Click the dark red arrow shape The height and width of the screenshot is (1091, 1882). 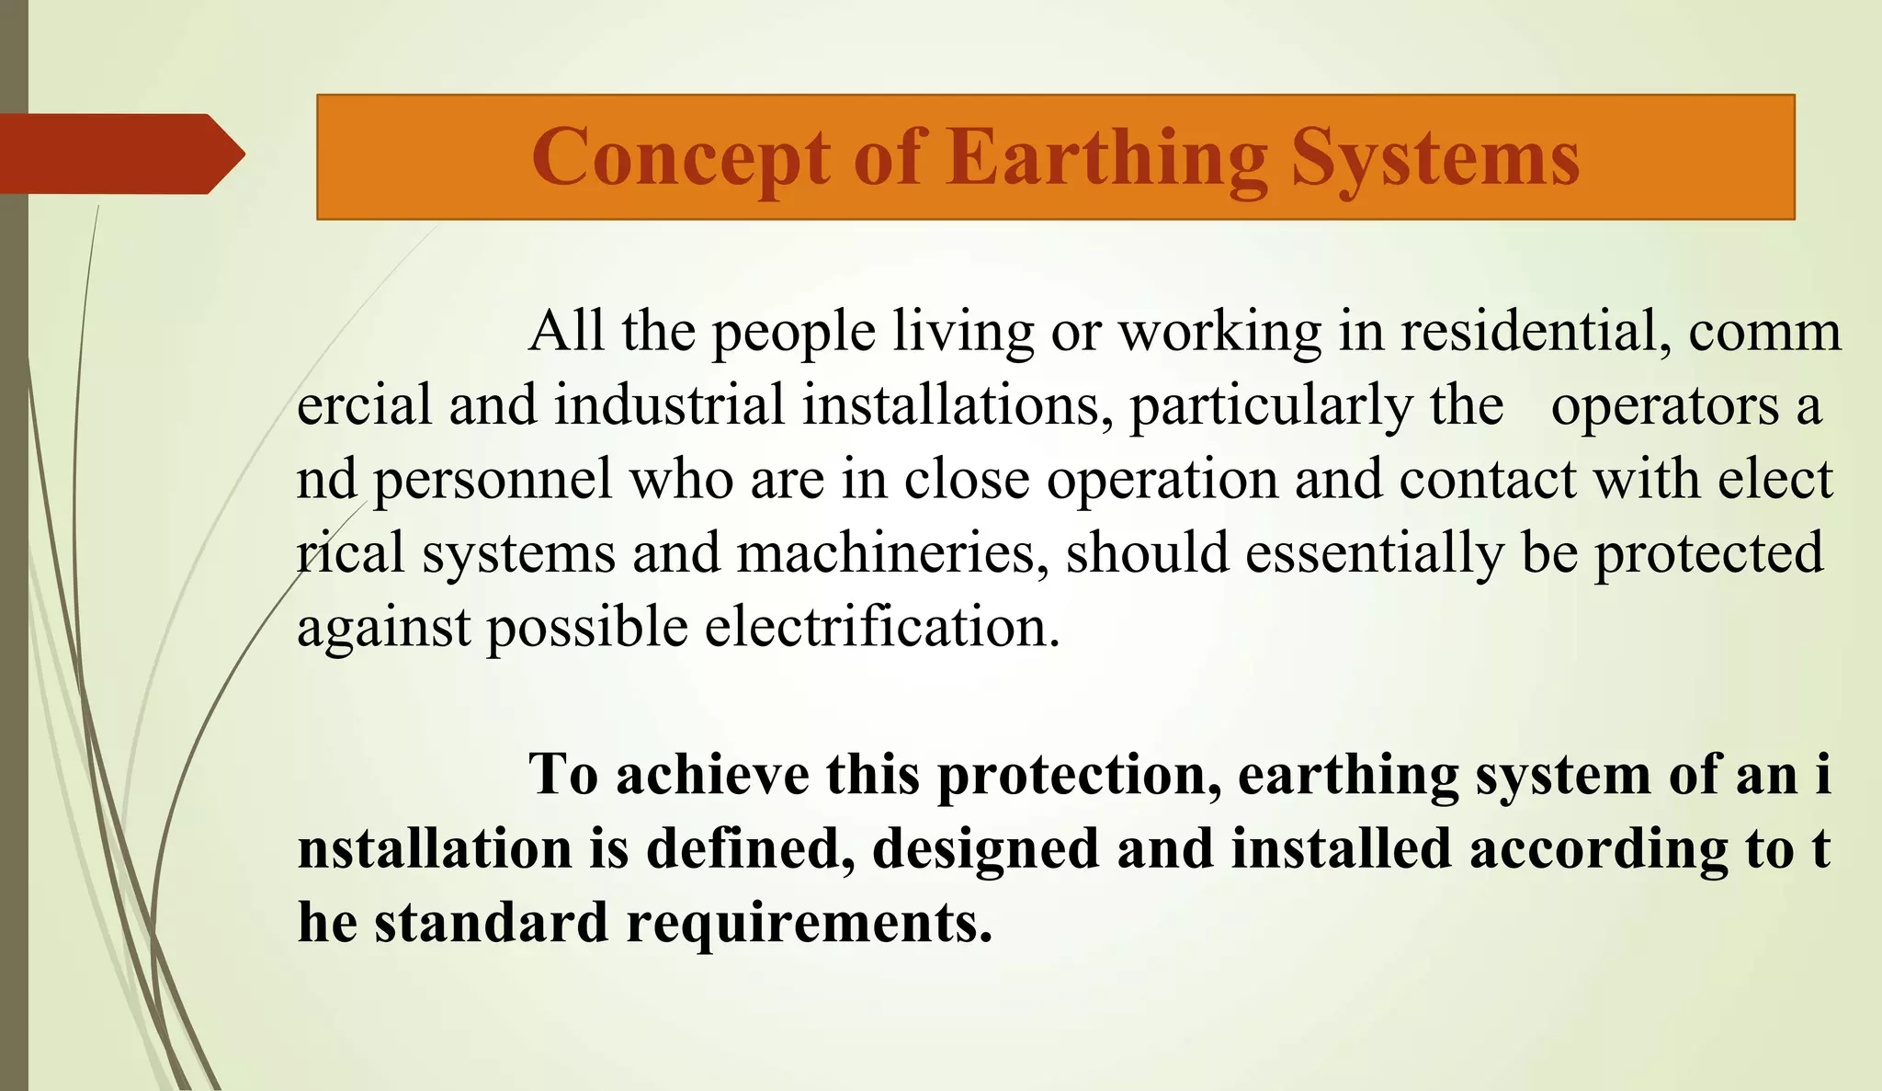(119, 153)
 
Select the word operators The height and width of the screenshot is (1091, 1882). (1664, 406)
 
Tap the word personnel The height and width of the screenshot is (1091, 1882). (493, 481)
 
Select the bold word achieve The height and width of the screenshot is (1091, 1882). (712, 776)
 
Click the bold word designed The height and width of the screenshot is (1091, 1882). (985, 849)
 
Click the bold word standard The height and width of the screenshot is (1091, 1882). (491, 924)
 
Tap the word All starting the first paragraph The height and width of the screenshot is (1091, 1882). (566, 332)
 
